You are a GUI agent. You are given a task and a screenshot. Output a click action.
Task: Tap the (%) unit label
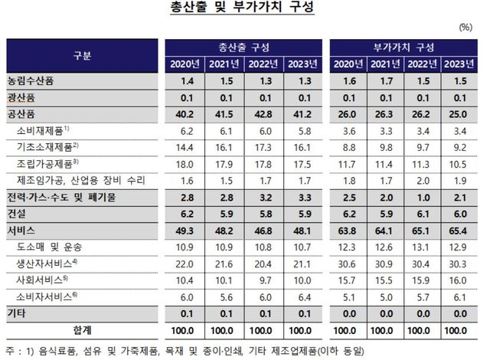coord(465,27)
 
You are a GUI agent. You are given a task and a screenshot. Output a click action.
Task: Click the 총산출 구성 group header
coord(243,47)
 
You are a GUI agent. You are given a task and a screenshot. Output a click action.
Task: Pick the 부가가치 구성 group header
coord(405,47)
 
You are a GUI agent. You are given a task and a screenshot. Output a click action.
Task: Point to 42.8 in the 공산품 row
coord(262,114)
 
